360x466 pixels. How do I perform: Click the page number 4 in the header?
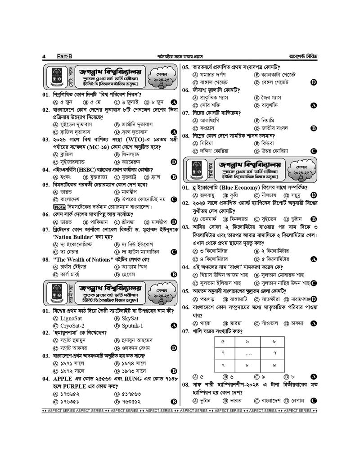point(44,56)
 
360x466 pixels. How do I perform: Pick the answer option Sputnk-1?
point(132,326)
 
